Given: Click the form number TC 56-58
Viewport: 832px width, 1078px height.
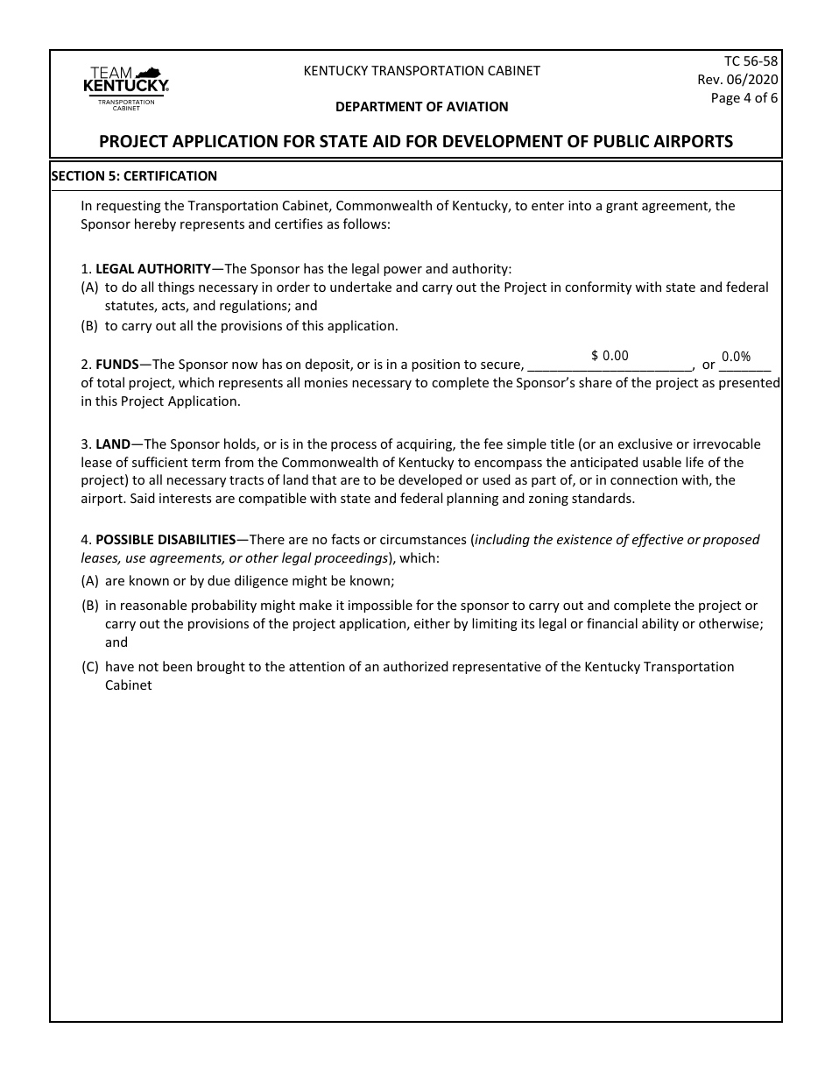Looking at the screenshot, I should click(751, 61).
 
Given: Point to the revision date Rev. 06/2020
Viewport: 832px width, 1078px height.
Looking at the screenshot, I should click(737, 80).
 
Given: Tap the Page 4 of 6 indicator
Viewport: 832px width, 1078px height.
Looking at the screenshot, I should click(744, 98).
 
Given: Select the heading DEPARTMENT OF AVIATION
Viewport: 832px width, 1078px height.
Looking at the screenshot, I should click(421, 107).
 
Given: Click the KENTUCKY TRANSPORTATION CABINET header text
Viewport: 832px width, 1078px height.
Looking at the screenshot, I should click(421, 71).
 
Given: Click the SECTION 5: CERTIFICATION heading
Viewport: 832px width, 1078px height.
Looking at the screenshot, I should click(135, 176).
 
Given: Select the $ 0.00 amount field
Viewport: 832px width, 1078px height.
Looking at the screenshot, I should click(610, 356).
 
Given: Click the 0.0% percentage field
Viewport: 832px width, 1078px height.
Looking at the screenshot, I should click(736, 357).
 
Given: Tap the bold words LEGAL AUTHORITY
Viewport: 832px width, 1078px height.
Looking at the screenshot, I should click(153, 269).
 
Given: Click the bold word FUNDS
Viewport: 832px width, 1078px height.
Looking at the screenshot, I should click(116, 365).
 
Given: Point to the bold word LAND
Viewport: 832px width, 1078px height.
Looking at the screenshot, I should click(113, 444).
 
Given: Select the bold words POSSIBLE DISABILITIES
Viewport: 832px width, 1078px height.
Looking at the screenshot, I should click(166, 540).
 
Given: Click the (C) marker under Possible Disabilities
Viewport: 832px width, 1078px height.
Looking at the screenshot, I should click(90, 667).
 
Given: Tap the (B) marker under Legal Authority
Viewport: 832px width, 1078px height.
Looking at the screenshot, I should click(90, 326).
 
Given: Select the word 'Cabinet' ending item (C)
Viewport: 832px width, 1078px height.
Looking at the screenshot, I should click(129, 685).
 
